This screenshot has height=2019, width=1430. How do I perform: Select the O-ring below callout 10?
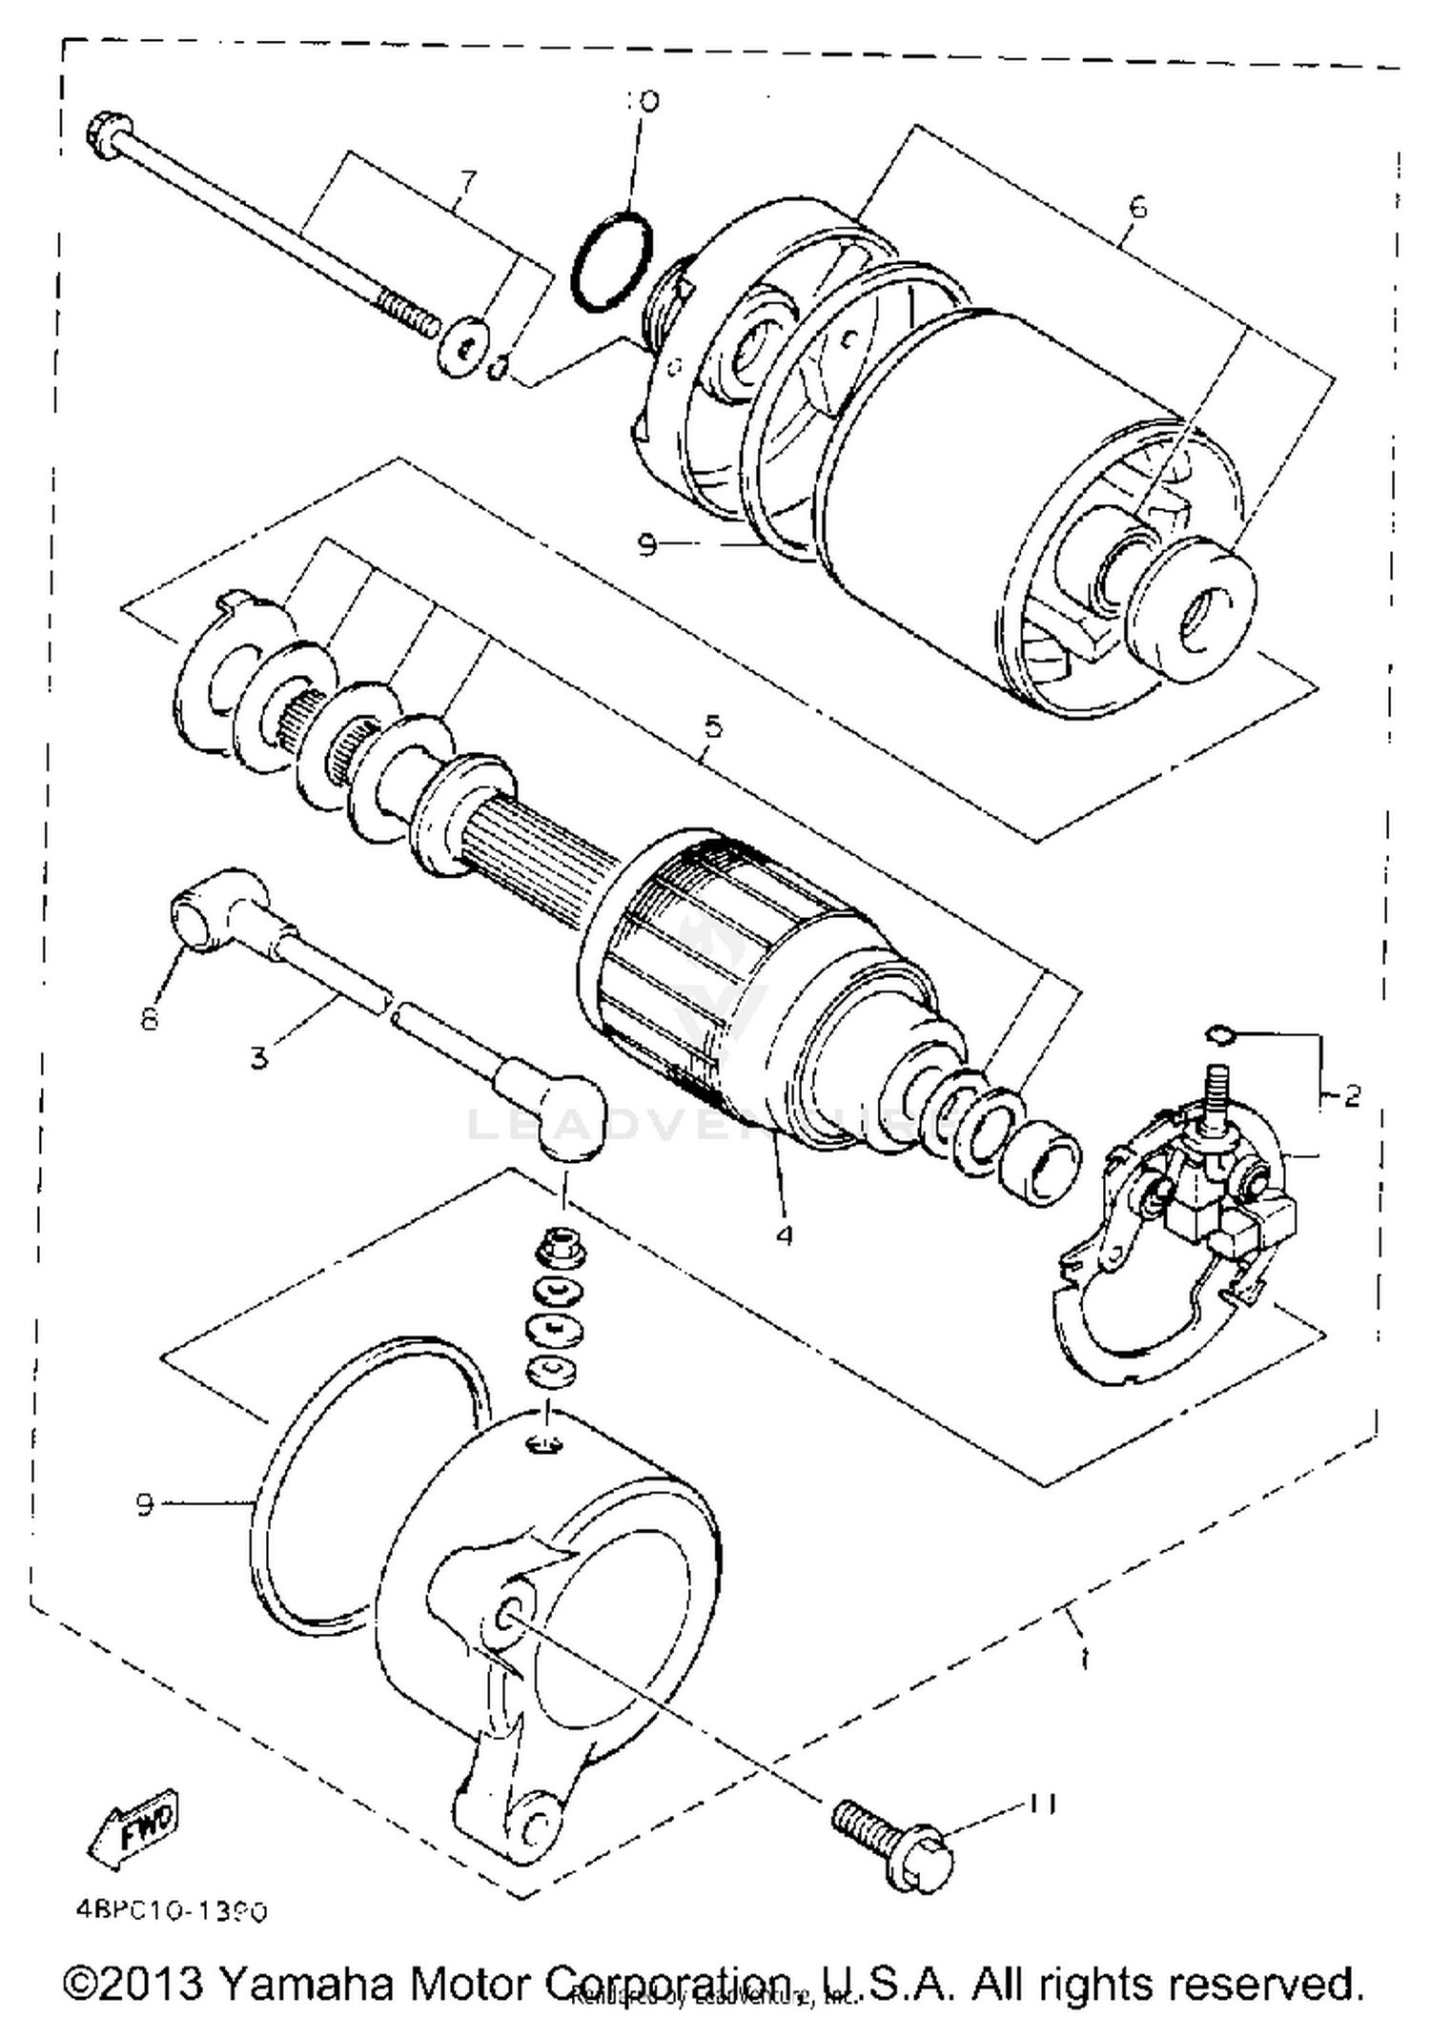click(x=612, y=260)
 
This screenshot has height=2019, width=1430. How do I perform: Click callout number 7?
click(x=466, y=180)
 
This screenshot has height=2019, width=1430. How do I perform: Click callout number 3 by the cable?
click(x=260, y=1057)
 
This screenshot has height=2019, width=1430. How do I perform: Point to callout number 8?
click(x=150, y=1019)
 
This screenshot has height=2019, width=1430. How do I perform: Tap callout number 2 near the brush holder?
click(x=1352, y=1096)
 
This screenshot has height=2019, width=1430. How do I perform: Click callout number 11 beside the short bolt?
click(x=1041, y=1805)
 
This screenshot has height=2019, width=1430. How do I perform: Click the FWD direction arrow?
click(x=133, y=1828)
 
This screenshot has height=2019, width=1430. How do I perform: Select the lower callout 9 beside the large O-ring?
click(x=145, y=1505)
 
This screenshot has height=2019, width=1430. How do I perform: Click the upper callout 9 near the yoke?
click(x=647, y=545)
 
